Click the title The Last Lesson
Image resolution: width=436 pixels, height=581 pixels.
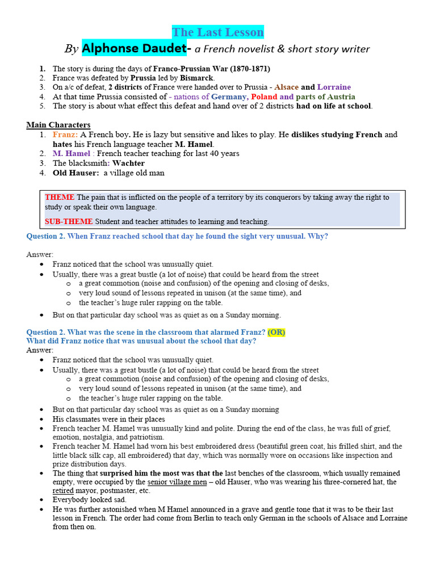pyautogui.click(x=218, y=32)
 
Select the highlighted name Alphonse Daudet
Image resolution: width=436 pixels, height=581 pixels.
pyautogui.click(x=134, y=49)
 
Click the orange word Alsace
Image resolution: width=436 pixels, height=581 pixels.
pyautogui.click(x=287, y=87)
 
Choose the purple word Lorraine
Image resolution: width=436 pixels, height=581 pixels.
pyautogui.click(x=334, y=87)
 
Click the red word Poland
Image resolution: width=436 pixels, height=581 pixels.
pyautogui.click(x=264, y=96)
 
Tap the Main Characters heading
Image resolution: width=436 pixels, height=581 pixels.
pyautogui.click(x=58, y=125)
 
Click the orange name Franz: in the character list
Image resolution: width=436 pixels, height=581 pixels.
pyautogui.click(x=65, y=134)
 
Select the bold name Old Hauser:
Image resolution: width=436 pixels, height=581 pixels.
pyautogui.click(x=76, y=173)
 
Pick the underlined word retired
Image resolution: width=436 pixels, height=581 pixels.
pyautogui.click(x=63, y=491)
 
